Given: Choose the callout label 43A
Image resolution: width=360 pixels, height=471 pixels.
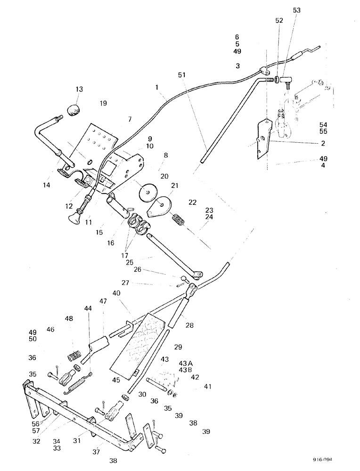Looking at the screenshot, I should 186,363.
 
